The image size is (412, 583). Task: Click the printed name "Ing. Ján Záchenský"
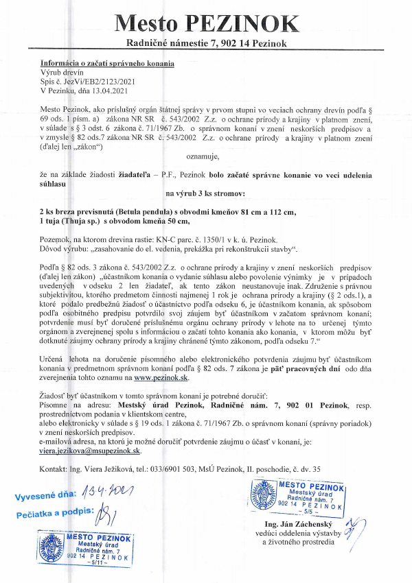click(x=302, y=523)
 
